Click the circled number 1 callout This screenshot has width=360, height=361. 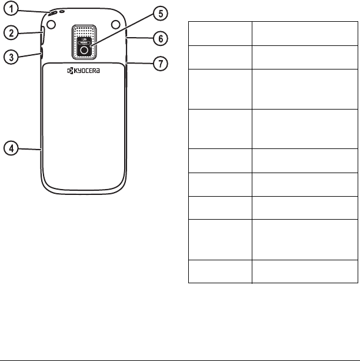pyautogui.click(x=11, y=9)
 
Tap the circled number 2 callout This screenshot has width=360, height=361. pyautogui.click(x=11, y=31)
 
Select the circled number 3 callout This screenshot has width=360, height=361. pyautogui.click(x=11, y=57)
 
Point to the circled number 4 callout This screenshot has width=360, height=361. pyautogui.click(x=11, y=148)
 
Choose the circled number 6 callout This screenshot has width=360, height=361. pyautogui.click(x=157, y=39)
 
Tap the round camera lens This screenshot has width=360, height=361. pyautogui.click(x=86, y=51)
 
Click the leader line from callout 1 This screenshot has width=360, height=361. pyautogui.click(x=31, y=11)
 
